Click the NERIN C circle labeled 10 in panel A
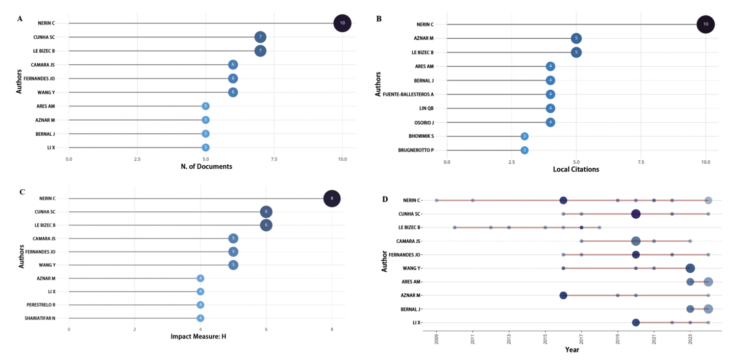(342, 23)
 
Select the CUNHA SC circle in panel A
(260, 37)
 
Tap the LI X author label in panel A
(51, 148)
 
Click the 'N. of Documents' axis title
(206, 166)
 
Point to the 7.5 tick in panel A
(274, 159)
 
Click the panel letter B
(379, 19)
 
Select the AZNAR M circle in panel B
(576, 38)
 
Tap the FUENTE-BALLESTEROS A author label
(408, 94)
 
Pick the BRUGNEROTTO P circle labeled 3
(524, 150)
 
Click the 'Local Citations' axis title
(576, 169)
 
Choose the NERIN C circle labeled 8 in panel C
(332, 198)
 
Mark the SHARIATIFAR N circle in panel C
(200, 318)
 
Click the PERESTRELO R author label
(41, 305)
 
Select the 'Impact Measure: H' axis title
(199, 336)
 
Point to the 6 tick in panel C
(266, 329)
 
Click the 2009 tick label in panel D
(436, 339)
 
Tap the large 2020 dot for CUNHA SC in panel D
(636, 214)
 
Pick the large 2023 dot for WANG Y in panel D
(690, 268)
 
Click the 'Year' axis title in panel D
(572, 350)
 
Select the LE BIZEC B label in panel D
(409, 227)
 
